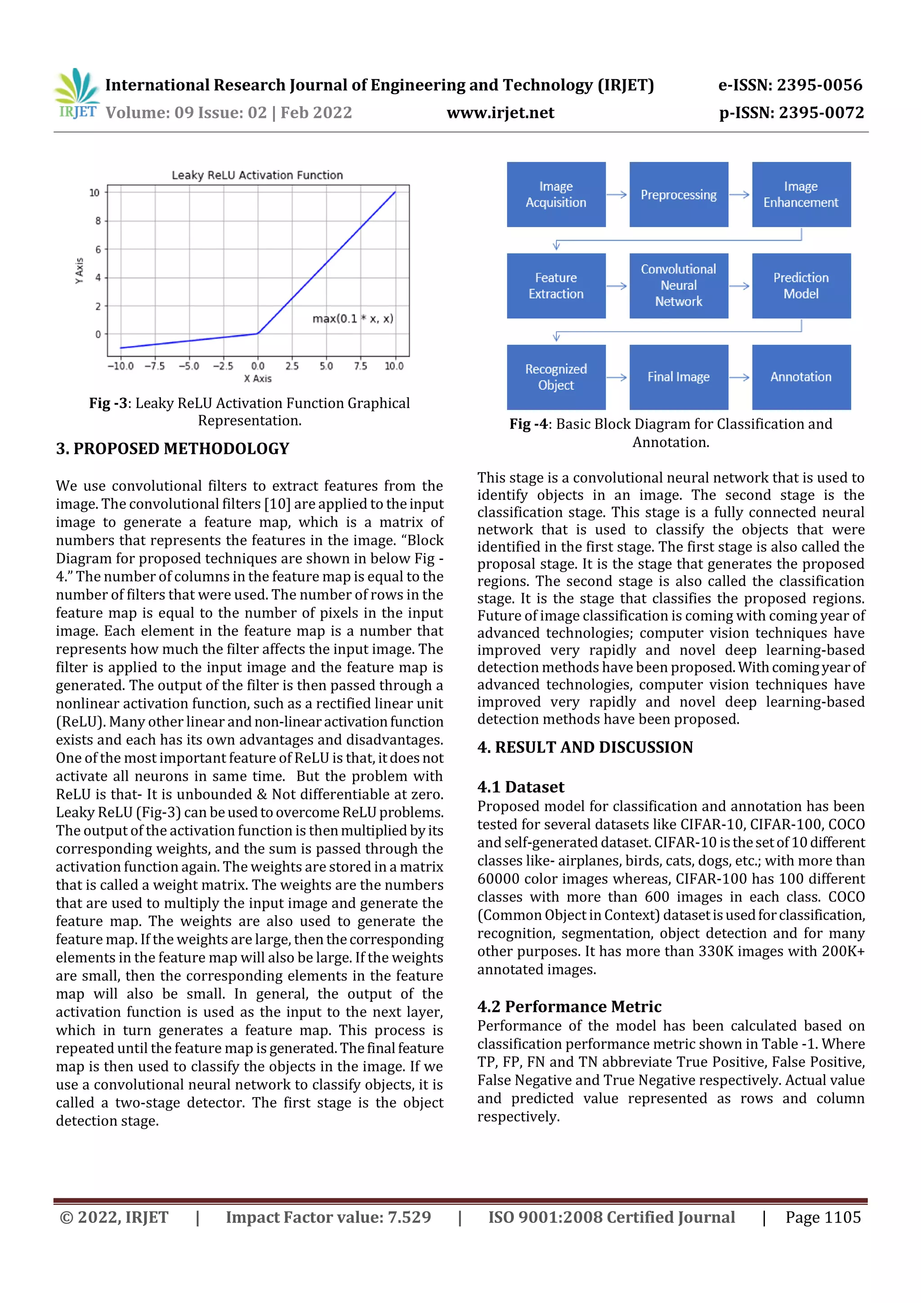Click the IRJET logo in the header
[76, 94]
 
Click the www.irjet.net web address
[500, 113]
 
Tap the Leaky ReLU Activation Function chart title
[257, 175]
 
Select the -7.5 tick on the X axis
[154, 366]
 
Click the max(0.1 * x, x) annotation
[353, 318]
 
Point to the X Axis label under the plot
[258, 379]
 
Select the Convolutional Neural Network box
[678, 286]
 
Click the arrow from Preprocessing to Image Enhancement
[739, 195]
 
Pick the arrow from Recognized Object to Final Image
[617, 377]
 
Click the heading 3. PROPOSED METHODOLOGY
[173, 449]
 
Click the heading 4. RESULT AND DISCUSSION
[585, 748]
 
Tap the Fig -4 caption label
[528, 425]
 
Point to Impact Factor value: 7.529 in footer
[328, 1217]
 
